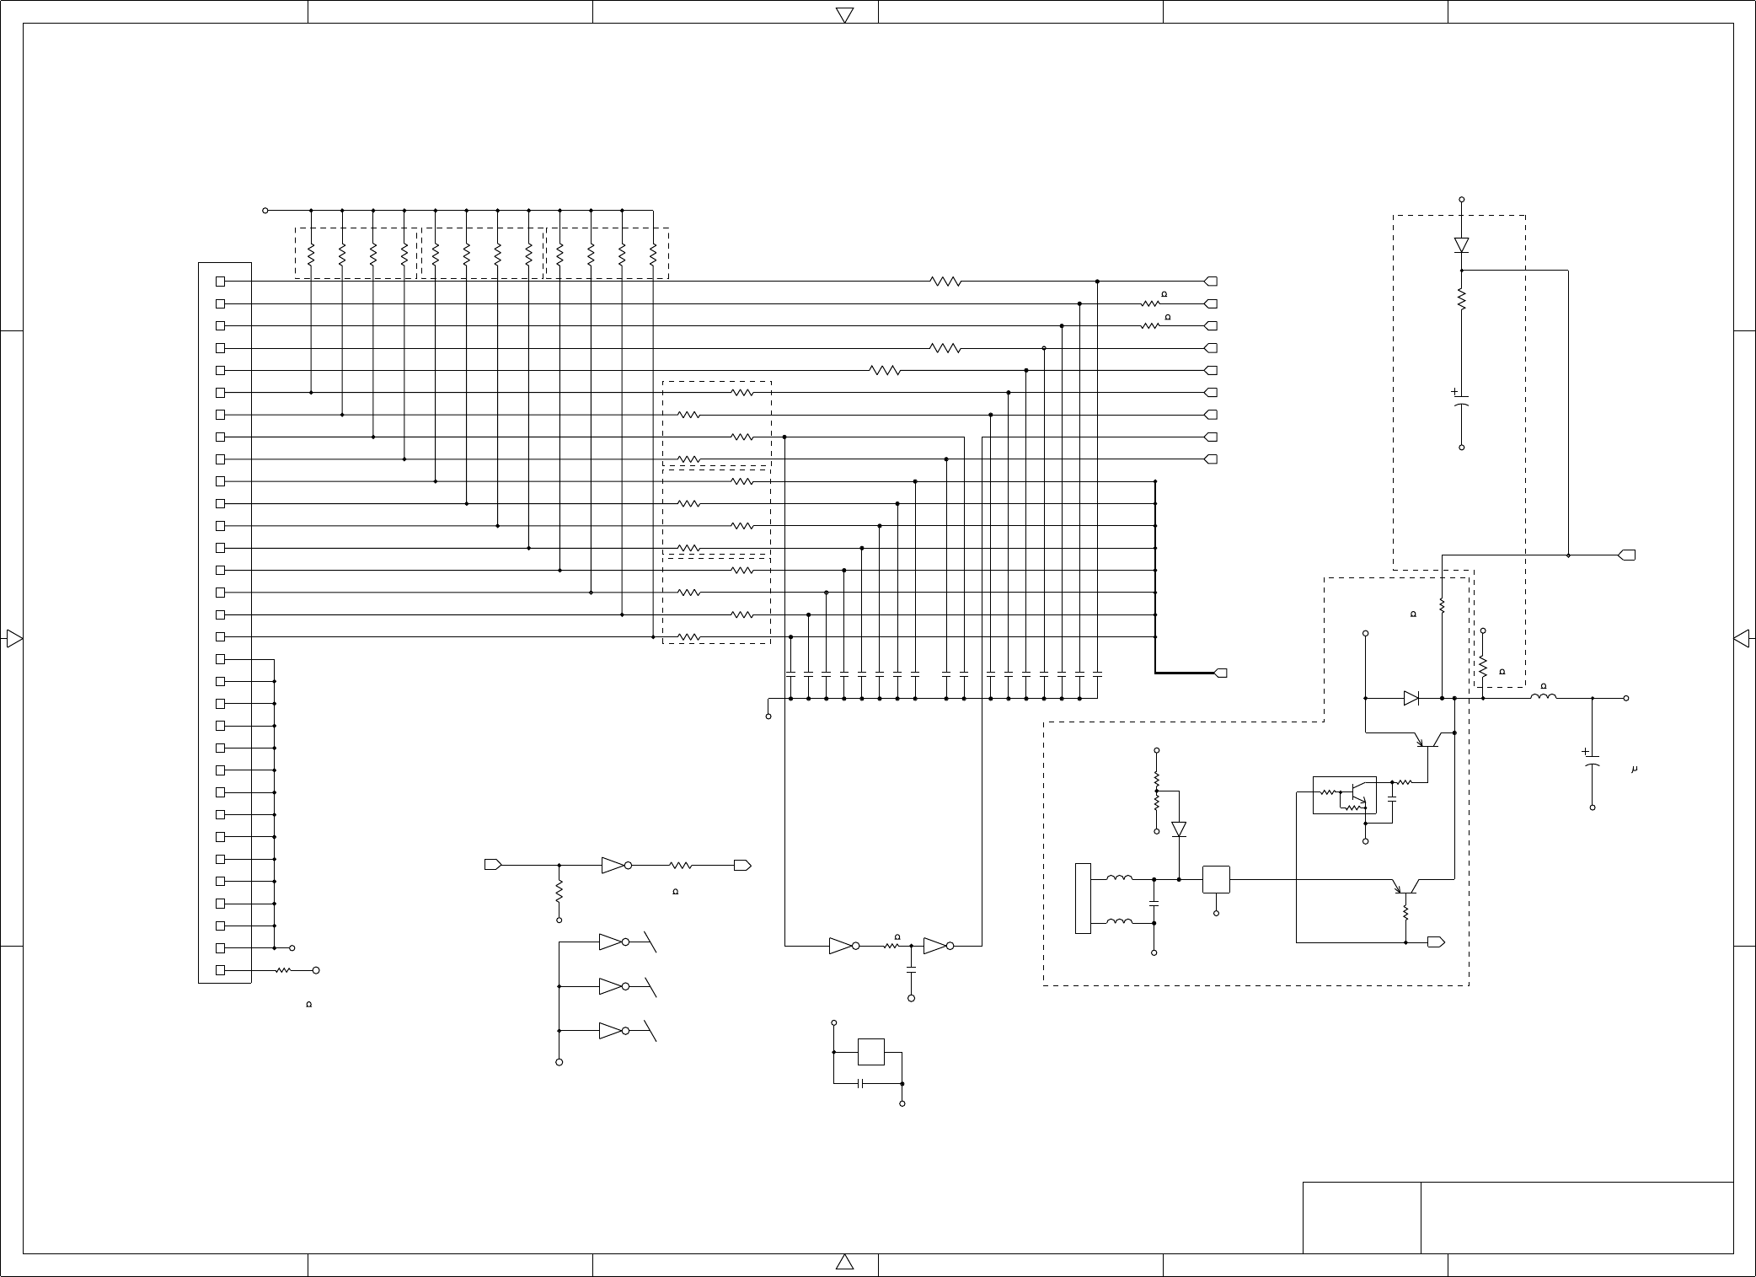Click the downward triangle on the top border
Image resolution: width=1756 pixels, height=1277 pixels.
(844, 14)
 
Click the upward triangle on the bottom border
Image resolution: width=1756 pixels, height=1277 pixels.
(844, 1261)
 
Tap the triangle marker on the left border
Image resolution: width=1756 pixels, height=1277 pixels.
(13, 638)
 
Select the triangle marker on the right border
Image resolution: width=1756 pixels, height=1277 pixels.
(1741, 638)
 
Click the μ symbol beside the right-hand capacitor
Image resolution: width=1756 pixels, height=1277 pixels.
(1634, 770)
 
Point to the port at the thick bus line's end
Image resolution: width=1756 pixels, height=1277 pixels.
(1220, 673)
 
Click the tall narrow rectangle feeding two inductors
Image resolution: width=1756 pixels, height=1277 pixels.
(1083, 899)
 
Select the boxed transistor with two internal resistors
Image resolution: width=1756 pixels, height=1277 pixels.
(1345, 795)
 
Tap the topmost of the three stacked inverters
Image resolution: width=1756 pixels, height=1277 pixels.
(613, 942)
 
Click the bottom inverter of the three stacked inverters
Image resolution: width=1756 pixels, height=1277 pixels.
(613, 1030)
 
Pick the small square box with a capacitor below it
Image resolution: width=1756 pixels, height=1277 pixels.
(870, 1052)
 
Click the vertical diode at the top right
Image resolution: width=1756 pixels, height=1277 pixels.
(1461, 245)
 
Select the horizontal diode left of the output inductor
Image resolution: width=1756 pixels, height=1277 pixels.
(1411, 698)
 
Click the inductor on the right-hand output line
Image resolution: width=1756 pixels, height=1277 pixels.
(1544, 697)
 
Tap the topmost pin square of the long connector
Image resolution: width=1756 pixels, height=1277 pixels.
(221, 282)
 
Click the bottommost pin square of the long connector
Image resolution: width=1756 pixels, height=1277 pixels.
(221, 970)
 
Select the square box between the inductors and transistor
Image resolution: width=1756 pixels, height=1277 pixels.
(1216, 879)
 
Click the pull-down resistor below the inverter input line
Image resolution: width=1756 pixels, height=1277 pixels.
(559, 891)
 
